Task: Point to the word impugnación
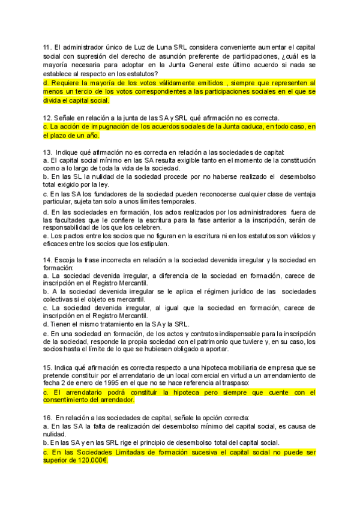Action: (x=105, y=127)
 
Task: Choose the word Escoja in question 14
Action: (x=65, y=259)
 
